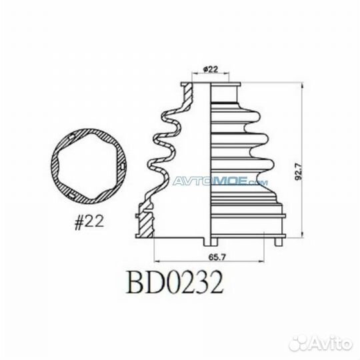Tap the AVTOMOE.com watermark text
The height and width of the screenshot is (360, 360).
point(220,181)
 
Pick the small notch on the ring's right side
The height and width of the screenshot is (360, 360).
point(123,162)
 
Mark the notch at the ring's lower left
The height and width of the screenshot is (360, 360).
point(70,195)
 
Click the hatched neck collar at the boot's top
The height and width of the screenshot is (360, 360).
point(189,93)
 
